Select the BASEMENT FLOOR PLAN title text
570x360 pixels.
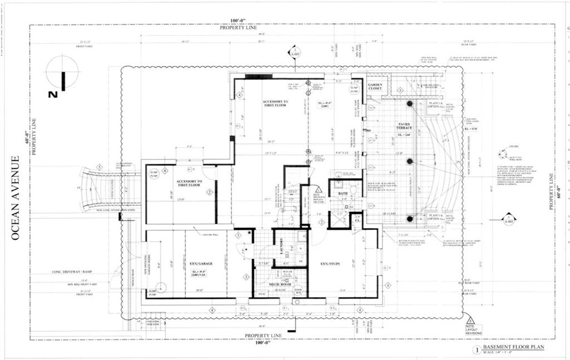513,347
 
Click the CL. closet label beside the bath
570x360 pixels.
357,220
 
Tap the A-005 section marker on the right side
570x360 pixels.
508,218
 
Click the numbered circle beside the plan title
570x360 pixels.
476,350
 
